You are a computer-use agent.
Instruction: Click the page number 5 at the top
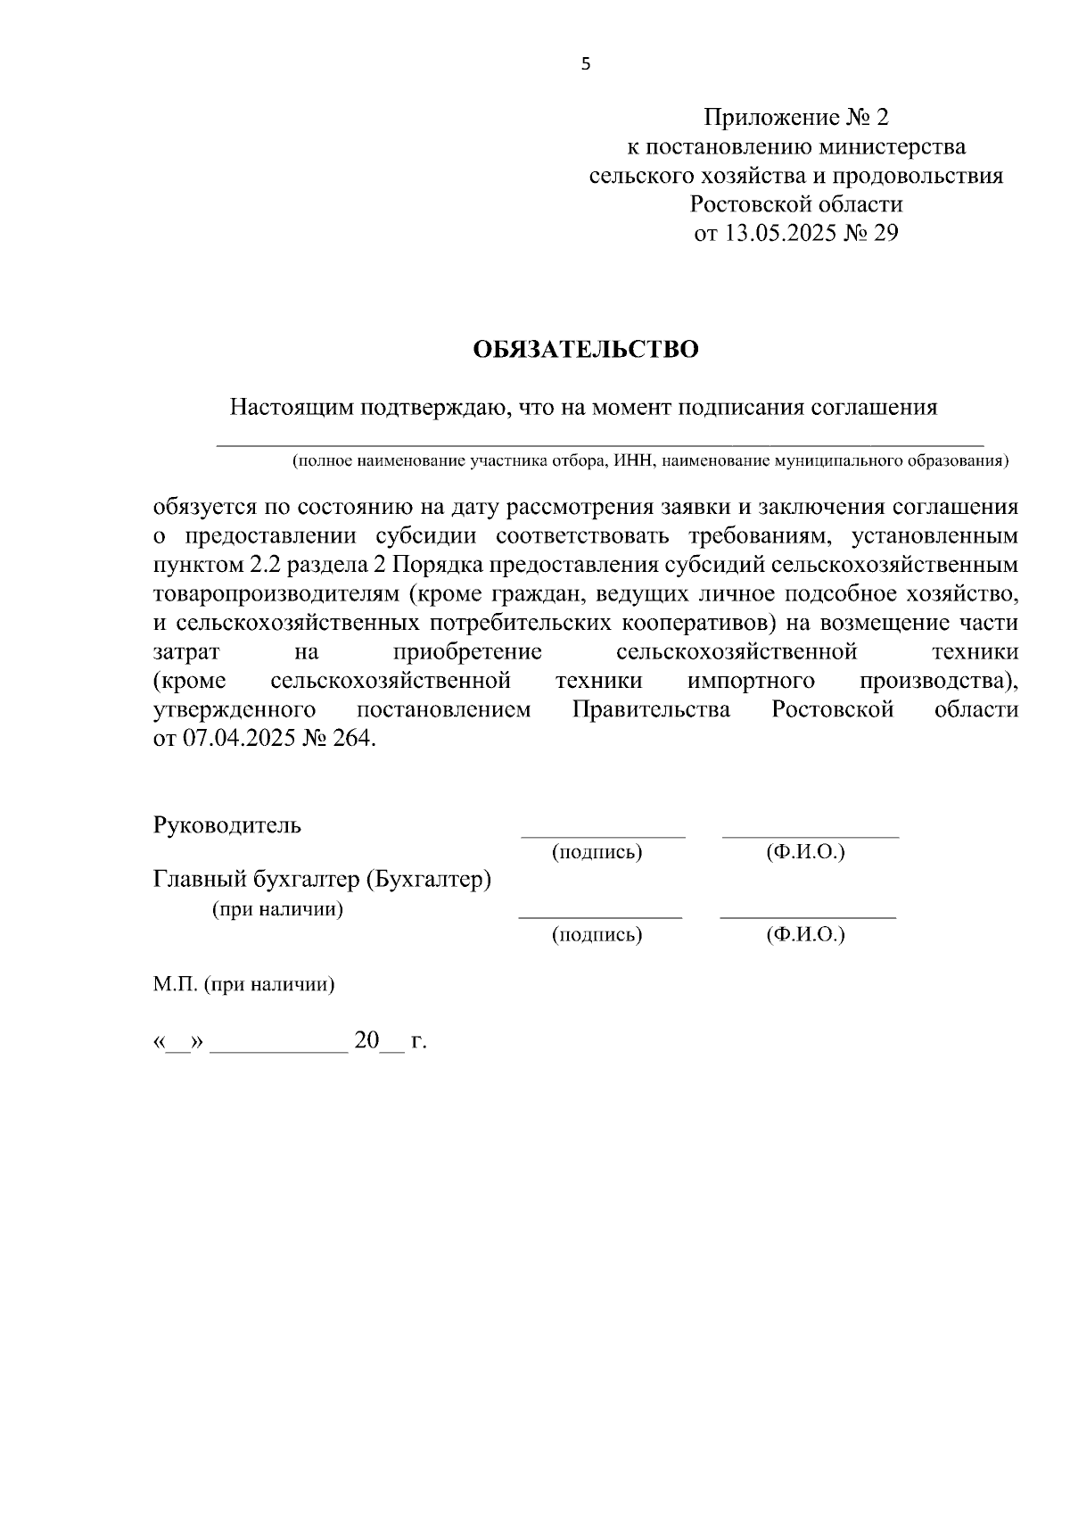[586, 63]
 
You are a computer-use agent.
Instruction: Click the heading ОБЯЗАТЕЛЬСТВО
[586, 350]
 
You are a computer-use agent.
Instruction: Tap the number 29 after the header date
[886, 234]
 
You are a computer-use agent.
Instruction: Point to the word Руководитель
[227, 825]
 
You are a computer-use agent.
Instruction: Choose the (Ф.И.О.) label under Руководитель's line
[805, 852]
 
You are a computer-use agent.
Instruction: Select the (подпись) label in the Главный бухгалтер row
[597, 934]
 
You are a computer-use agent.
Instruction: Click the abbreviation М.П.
[175, 986]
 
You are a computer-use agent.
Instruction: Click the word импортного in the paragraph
[751, 682]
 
